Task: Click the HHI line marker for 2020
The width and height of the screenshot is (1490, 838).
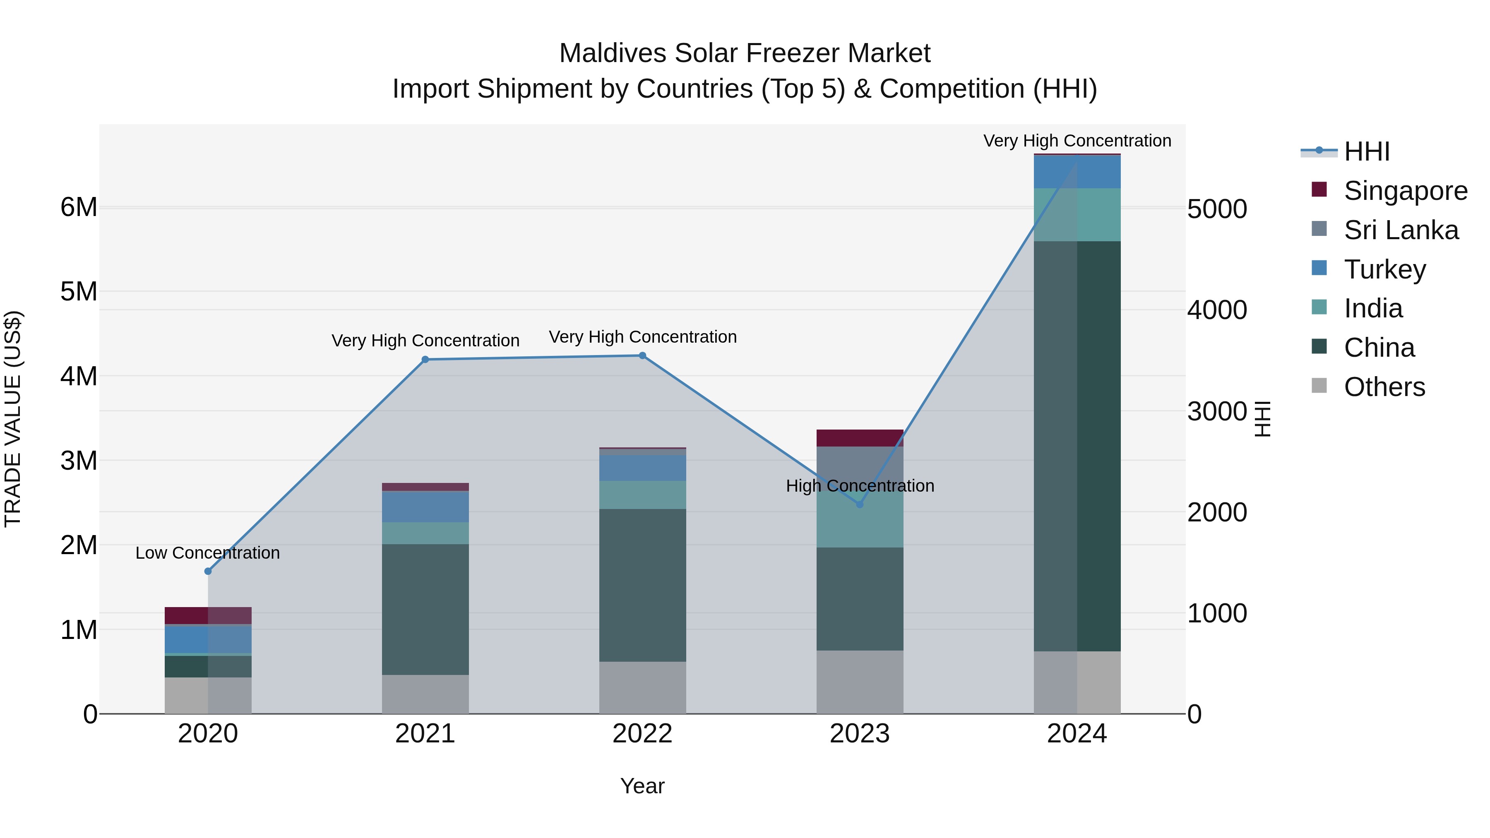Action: (x=208, y=571)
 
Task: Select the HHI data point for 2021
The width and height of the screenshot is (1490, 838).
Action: (x=425, y=360)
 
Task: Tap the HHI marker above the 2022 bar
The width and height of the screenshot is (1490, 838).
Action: (x=642, y=355)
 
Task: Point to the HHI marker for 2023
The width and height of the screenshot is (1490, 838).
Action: (x=860, y=504)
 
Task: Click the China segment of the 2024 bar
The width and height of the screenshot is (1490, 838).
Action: (x=1077, y=445)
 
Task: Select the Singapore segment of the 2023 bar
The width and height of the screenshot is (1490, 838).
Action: (x=860, y=438)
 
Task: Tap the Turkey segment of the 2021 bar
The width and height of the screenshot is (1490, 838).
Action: (x=425, y=507)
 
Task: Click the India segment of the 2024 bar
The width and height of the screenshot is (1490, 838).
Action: (x=1077, y=214)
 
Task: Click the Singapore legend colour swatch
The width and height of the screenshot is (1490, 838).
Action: (x=1319, y=190)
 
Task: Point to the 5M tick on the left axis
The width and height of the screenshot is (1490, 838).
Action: (x=79, y=291)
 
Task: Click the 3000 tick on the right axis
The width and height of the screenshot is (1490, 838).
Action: (x=1217, y=412)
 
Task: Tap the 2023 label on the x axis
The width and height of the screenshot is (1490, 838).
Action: (x=860, y=734)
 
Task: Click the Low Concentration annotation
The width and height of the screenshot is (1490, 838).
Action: (x=208, y=553)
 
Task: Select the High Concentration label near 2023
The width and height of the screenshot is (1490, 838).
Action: (x=860, y=486)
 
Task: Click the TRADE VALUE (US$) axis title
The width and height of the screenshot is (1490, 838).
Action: (x=13, y=419)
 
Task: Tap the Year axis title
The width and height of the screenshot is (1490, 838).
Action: (x=642, y=786)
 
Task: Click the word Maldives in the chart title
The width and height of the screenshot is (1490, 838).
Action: (x=613, y=53)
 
